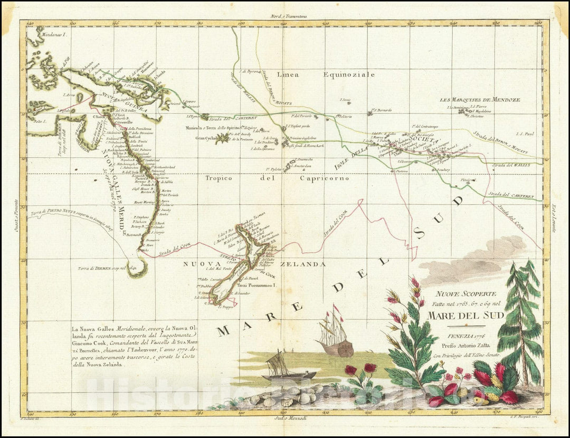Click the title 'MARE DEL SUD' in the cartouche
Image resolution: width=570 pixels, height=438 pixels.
click(465, 316)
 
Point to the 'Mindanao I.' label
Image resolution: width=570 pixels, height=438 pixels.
click(50, 33)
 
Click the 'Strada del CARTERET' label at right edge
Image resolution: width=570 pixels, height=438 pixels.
click(512, 195)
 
